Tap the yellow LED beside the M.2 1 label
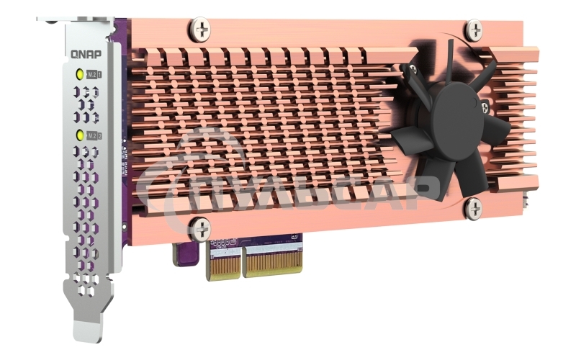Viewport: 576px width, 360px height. pyautogui.click(x=78, y=73)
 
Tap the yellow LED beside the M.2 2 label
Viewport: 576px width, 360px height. pyautogui.click(x=78, y=135)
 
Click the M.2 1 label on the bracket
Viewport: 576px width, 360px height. pyautogui.click(x=94, y=73)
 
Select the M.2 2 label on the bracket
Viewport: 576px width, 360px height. pyautogui.click(x=94, y=135)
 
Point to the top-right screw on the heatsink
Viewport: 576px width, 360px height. pyautogui.click(x=474, y=30)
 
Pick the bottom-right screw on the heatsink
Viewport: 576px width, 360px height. pyautogui.click(x=473, y=208)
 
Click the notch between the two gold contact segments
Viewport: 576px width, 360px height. pyautogui.click(x=242, y=266)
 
